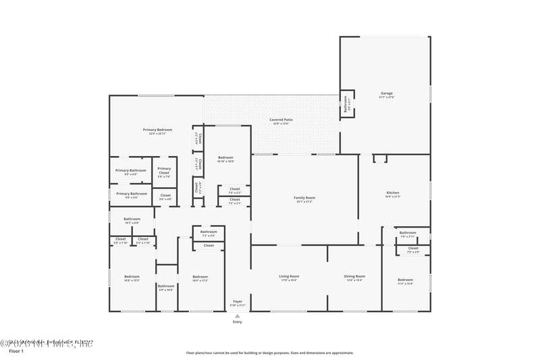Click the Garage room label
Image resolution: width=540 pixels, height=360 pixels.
coord(386,93)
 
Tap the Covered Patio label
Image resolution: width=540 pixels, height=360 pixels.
coord(282,120)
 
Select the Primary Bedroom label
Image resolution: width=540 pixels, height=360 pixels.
coord(157,129)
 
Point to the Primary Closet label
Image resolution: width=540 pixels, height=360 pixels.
coord(164,171)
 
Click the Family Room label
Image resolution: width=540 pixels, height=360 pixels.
coord(304,197)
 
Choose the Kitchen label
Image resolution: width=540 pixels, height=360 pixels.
coord(393,192)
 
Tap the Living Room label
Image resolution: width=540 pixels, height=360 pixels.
coord(289,276)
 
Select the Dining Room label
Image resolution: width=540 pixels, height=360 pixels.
coord(355,276)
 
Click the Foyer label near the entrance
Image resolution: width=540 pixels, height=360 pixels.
coord(238,301)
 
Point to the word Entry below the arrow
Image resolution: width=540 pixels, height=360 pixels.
coord(238,322)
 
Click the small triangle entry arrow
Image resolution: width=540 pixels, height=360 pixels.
coord(238,315)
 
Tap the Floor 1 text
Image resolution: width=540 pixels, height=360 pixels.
coord(16,351)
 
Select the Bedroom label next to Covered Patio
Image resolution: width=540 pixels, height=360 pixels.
coord(225,157)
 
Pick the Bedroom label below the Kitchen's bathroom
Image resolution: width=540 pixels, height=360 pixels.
coord(405,280)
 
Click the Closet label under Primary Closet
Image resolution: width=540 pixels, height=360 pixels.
coord(165,195)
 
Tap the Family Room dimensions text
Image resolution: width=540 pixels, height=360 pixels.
coord(304,201)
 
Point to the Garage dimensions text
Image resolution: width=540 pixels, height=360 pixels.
coord(386,97)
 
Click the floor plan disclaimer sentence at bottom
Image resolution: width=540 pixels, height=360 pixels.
coord(269,353)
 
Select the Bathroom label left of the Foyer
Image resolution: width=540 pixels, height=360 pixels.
coord(166,286)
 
